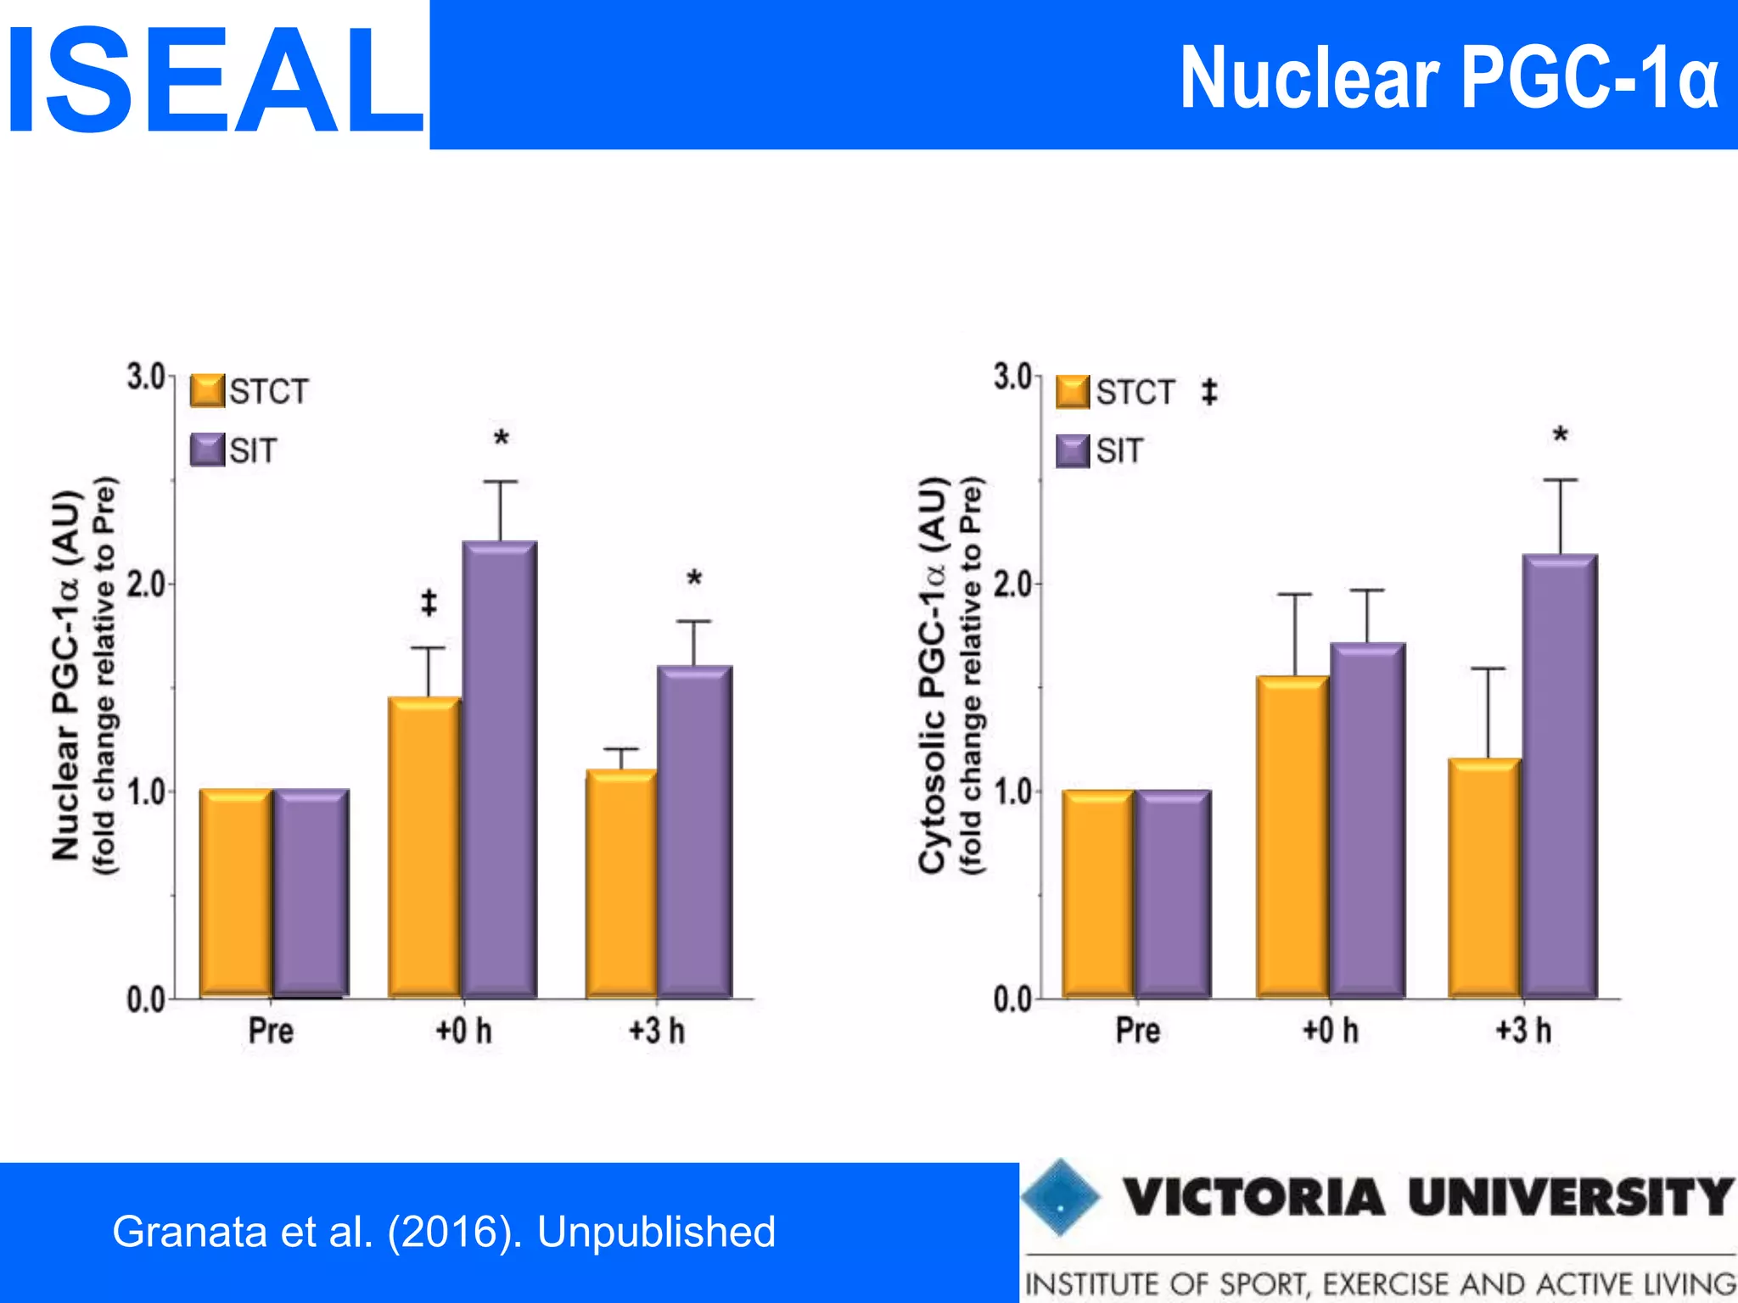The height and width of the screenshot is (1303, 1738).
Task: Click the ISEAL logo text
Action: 214,81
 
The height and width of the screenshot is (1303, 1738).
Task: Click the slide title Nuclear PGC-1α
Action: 1449,78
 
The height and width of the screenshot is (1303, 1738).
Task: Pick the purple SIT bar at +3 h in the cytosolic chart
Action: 1560,775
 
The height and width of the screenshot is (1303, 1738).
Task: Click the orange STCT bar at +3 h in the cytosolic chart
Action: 1484,877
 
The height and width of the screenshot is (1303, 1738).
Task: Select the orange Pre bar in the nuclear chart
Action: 236,892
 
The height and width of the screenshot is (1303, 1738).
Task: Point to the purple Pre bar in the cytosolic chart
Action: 1173,892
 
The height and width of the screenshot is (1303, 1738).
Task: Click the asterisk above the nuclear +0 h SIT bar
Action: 502,439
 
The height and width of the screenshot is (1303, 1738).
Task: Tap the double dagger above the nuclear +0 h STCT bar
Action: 429,603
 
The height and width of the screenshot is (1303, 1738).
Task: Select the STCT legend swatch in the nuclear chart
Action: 207,391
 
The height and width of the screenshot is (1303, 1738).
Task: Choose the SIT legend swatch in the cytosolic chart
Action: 1073,450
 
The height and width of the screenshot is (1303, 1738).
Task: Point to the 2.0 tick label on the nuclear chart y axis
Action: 145,584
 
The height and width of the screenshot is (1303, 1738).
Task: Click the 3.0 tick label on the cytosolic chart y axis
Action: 1012,377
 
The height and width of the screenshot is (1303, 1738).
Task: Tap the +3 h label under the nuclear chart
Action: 657,1032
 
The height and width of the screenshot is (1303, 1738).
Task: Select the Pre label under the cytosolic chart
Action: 1137,1032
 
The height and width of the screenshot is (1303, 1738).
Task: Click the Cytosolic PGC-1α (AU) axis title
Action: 933,674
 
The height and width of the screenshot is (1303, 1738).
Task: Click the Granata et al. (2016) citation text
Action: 444,1232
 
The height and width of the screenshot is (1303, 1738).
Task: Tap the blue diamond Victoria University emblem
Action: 1060,1197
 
